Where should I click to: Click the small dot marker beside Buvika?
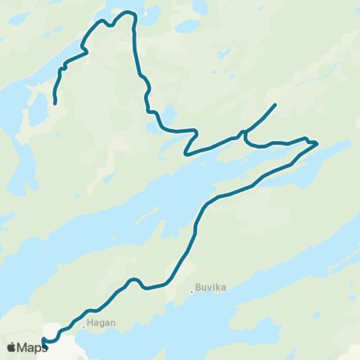[x=192, y=291]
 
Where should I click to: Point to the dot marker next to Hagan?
[x=83, y=327]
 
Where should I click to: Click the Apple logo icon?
[x=11, y=347]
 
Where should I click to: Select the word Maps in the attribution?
[x=33, y=347]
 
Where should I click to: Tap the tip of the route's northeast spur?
[x=276, y=104]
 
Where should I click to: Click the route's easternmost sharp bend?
[x=317, y=142]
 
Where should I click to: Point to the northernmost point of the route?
[x=127, y=11]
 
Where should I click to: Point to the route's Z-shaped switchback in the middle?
[x=192, y=141]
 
